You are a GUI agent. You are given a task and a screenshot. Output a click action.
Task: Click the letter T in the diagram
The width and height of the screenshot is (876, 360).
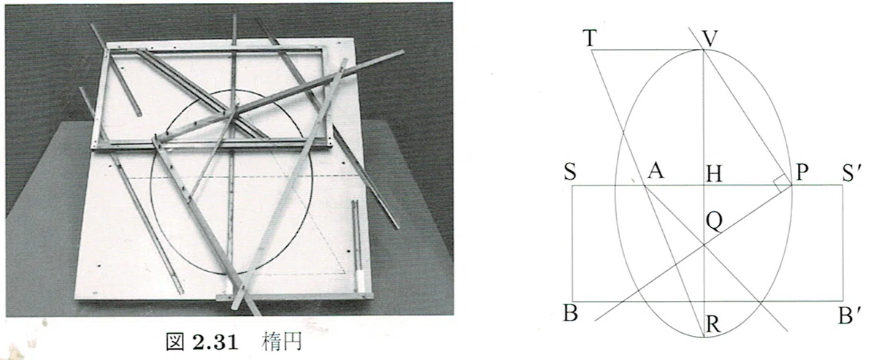coord(590,39)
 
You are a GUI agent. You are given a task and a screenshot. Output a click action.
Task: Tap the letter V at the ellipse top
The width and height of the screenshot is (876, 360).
coord(710,39)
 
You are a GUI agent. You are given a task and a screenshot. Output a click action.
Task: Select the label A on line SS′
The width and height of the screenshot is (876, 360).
coord(656,171)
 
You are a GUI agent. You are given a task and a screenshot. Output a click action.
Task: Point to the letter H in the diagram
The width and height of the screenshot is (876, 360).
coord(714,174)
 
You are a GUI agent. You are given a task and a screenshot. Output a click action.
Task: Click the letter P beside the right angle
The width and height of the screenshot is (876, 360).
coord(802,172)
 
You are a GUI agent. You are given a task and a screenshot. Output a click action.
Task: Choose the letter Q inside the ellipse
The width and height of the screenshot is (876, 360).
coord(714,221)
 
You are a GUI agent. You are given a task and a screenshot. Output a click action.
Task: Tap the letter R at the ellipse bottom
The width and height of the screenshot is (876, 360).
coord(713,324)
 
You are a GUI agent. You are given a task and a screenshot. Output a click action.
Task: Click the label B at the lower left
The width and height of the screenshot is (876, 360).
coord(571,313)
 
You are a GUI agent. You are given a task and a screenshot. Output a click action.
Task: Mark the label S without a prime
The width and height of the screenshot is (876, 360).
coord(571,172)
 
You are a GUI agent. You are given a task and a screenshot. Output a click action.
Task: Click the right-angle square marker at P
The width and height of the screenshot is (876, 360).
coord(782,184)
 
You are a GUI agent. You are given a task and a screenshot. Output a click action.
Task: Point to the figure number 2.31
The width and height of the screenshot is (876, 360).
coord(215,342)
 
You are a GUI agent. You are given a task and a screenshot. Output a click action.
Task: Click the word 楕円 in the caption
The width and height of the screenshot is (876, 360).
coord(282,342)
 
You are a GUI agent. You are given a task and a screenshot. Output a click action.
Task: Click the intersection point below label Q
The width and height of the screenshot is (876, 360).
coord(704,245)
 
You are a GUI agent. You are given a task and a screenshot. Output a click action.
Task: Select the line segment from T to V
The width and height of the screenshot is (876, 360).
coord(648,50)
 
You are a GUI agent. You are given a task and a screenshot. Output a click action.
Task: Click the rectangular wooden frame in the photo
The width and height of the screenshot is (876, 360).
coord(212,97)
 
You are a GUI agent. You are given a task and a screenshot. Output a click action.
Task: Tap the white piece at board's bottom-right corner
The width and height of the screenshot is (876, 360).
coord(360,282)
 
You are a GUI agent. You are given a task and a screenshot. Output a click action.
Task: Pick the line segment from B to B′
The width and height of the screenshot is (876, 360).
coord(707,302)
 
